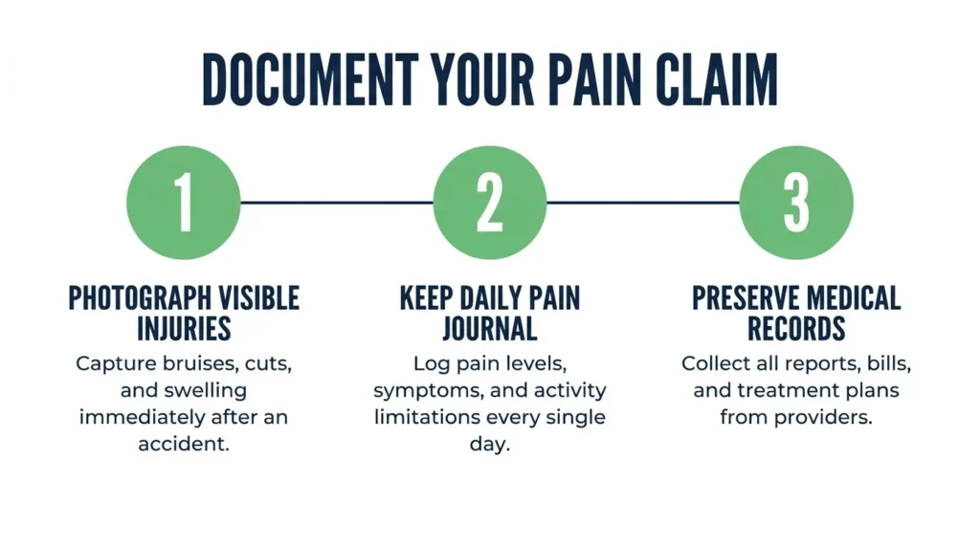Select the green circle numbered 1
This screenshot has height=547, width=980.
pos(184,203)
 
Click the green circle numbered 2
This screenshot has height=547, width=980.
pos(490,203)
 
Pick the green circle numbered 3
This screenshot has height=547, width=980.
pos(796,203)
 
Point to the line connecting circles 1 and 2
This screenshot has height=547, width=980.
pos(337,203)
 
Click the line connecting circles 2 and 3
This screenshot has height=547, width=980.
pos(643,203)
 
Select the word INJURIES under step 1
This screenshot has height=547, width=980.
pos(184,329)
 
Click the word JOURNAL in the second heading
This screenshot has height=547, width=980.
pos(490,329)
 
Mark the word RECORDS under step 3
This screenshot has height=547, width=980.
pos(796,329)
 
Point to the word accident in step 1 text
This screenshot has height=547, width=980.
pos(183,444)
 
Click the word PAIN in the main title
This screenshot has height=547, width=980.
pos(594,79)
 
